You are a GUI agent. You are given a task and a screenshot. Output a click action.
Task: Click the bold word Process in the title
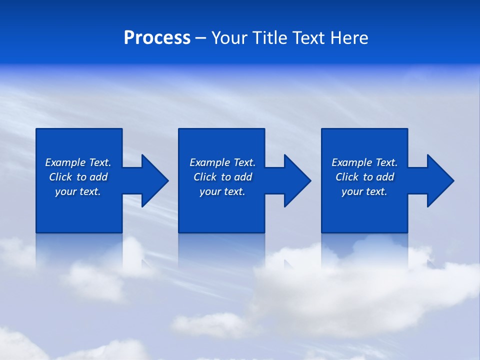click(x=157, y=38)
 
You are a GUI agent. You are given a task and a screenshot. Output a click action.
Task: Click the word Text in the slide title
click(x=309, y=38)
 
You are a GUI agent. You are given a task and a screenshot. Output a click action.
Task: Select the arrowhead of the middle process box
click(x=296, y=180)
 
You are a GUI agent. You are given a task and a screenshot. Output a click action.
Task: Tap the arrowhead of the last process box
click(x=439, y=180)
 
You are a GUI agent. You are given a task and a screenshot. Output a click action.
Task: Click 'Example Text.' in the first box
click(x=78, y=162)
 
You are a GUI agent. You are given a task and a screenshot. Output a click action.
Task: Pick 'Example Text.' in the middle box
click(x=222, y=162)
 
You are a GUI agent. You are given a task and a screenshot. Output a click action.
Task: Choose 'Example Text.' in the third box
click(x=364, y=162)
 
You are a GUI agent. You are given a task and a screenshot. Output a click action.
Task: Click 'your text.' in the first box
click(x=78, y=191)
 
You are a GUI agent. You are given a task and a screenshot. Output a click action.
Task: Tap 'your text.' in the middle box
click(x=222, y=191)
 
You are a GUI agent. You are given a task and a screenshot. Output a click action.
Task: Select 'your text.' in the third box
click(x=364, y=191)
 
